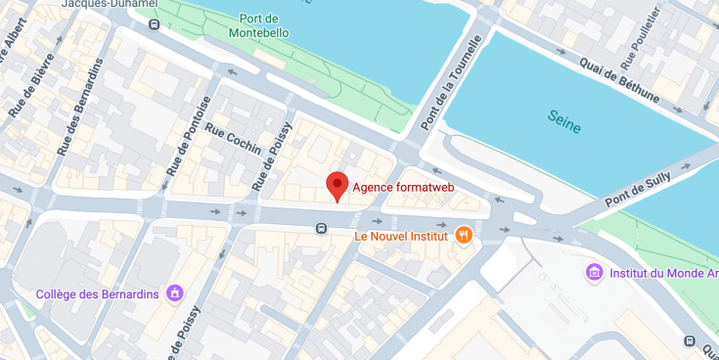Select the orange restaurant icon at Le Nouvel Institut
[464, 235]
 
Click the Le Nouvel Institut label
[401, 236]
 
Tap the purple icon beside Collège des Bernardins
[175, 292]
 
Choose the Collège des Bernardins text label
[97, 293]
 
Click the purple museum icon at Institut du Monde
[593, 271]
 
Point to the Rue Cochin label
[233, 142]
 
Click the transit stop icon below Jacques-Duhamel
[152, 23]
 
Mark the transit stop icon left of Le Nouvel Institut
[321, 229]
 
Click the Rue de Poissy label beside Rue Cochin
[271, 156]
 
